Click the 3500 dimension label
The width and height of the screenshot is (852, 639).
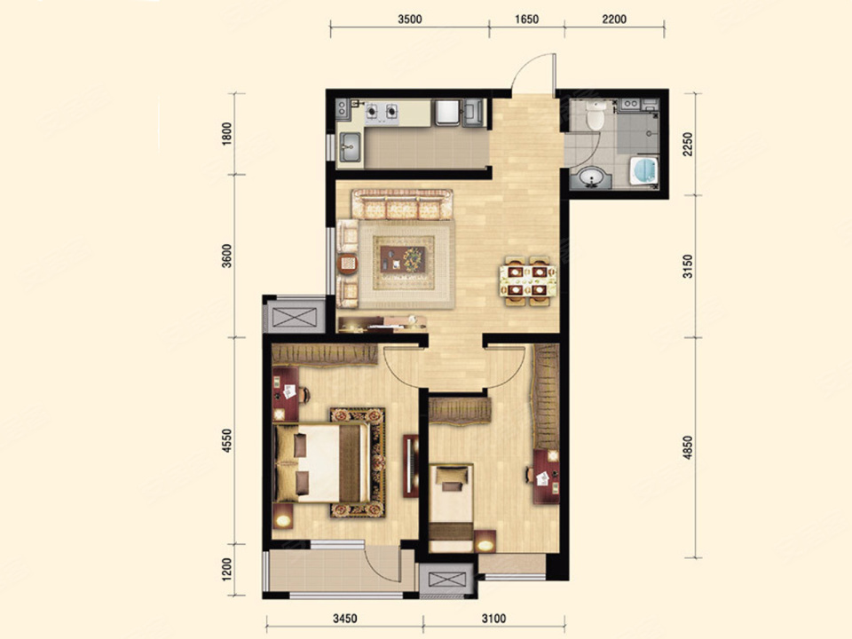coord(410,20)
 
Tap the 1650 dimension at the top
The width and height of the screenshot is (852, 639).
coord(526,20)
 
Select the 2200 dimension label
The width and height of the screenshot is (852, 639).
coord(614,20)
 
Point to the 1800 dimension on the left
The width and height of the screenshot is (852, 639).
coord(227,133)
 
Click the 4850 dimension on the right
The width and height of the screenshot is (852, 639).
coord(688,447)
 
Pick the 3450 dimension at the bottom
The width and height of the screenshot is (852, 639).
coord(344,619)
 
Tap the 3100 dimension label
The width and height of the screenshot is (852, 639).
coord(493,619)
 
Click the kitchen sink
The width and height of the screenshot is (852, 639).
coord(351,146)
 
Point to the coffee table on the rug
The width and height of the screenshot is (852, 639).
coord(403,258)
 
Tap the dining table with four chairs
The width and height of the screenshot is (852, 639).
coord(528,280)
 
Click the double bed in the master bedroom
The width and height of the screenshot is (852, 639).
coord(323,463)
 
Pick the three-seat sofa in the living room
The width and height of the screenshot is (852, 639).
coord(402,204)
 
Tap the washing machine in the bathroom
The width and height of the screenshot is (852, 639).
coord(644,170)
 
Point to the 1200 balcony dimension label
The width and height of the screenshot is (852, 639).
coord(227,568)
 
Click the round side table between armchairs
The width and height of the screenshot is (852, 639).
coord(348,264)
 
